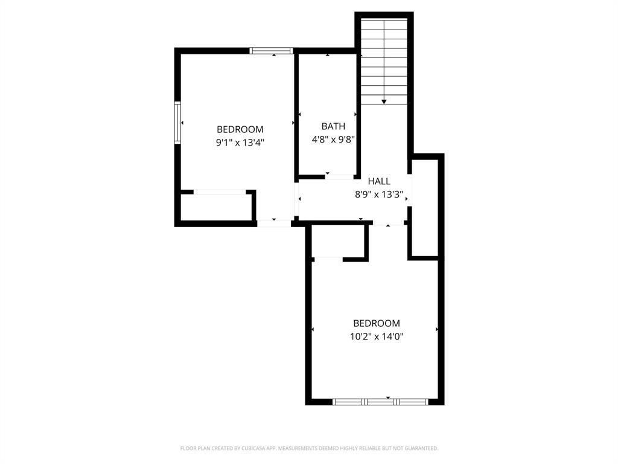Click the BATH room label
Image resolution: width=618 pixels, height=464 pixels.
click(x=333, y=126)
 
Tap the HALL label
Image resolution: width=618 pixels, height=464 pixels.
click(x=379, y=181)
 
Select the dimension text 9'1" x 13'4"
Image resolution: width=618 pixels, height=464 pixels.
click(x=240, y=143)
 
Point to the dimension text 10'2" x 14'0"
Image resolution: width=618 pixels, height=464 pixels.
click(x=377, y=337)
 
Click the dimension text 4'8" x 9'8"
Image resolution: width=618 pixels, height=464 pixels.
click(x=333, y=140)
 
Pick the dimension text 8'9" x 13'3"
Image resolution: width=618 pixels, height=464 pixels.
click(x=378, y=195)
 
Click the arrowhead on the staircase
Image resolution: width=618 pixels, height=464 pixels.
click(x=384, y=101)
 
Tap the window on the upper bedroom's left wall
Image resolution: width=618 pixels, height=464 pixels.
click(x=178, y=122)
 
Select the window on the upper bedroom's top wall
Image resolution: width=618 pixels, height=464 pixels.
click(x=272, y=51)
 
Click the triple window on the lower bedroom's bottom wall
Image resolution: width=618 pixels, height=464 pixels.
click(x=380, y=401)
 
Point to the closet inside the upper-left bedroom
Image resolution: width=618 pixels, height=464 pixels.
click(x=216, y=207)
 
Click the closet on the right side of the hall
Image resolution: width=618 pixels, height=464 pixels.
click(x=424, y=208)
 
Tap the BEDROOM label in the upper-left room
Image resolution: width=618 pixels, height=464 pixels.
click(x=240, y=129)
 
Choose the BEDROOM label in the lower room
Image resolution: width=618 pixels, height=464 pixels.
click(x=377, y=323)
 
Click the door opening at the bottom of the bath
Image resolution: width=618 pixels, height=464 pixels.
click(x=340, y=176)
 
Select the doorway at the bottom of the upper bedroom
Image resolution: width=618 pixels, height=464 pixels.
click(x=274, y=223)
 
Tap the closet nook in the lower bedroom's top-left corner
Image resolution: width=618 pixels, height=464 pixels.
click(x=338, y=241)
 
